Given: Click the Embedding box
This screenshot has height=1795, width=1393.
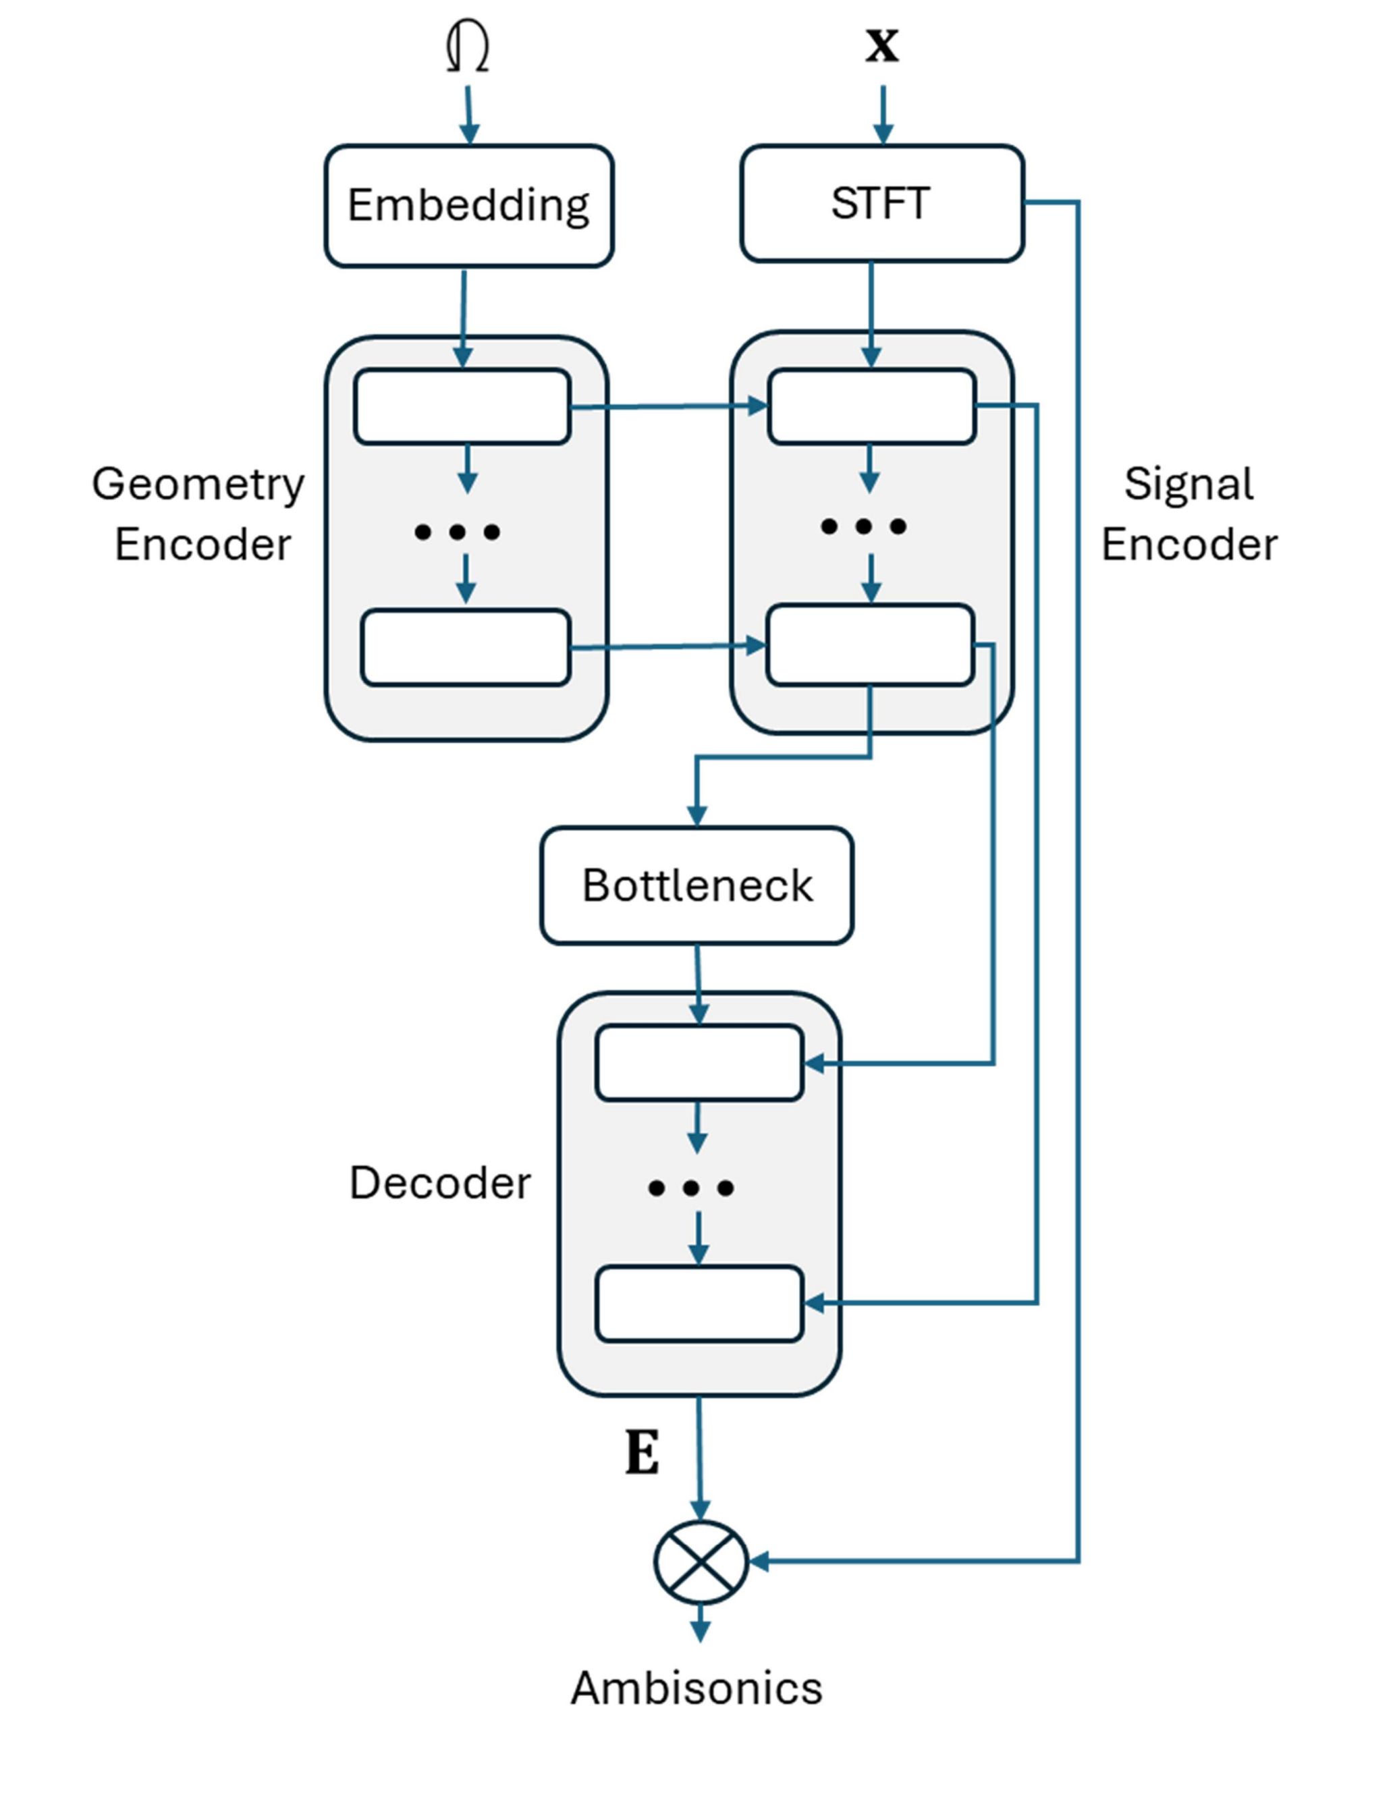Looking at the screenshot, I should [x=468, y=205].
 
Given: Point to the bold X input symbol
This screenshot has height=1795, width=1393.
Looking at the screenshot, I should [x=882, y=45].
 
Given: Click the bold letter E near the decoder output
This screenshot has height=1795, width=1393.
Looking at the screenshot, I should [x=642, y=1452].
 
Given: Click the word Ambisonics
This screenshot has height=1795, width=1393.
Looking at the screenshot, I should [x=696, y=1688].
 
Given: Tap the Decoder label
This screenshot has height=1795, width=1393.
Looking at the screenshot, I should [x=439, y=1183].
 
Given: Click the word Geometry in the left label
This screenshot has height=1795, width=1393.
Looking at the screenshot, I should [x=198, y=483].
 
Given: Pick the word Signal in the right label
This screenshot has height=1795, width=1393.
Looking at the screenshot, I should [x=1189, y=483].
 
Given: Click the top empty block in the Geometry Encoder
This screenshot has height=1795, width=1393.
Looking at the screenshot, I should [x=462, y=407].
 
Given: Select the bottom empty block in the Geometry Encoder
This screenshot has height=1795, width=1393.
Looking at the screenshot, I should [x=465, y=648].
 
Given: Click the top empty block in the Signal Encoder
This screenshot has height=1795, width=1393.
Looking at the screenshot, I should [x=871, y=407].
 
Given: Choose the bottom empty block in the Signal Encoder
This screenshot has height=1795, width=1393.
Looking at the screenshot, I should [x=869, y=645].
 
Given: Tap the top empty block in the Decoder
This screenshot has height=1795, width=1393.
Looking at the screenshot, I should [x=699, y=1062].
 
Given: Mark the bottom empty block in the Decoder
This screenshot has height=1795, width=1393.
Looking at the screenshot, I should [x=699, y=1304].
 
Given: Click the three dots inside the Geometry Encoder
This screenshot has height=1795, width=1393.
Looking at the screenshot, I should [x=457, y=532].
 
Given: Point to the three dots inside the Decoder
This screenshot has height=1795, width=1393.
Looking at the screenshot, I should [x=690, y=1188].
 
